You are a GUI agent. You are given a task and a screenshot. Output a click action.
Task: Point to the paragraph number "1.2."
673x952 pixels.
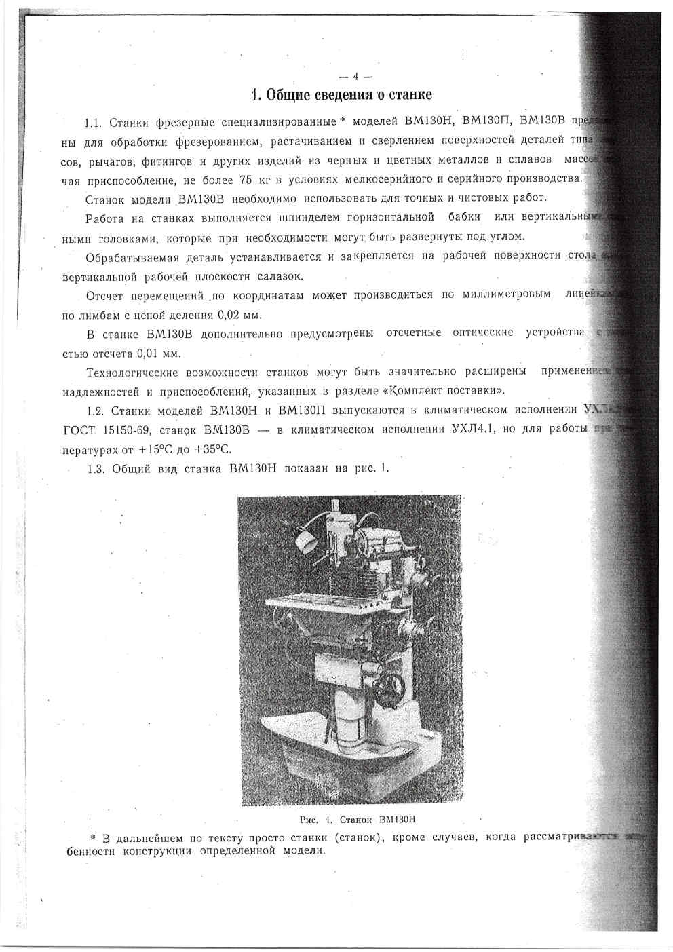[x=98, y=411]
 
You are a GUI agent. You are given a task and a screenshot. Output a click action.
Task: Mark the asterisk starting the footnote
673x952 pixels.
[x=93, y=837]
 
